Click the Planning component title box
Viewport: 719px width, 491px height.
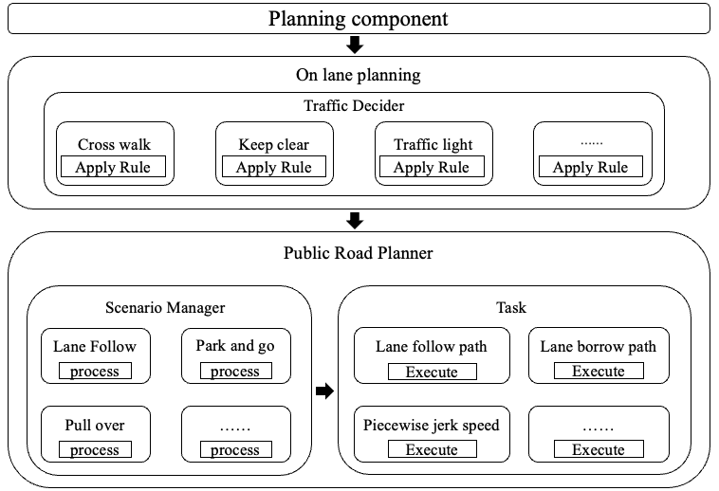359,18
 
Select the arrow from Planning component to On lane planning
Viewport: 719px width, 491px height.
356,45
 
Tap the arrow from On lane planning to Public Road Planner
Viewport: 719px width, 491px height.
356,220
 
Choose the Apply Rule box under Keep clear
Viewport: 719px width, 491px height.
274,168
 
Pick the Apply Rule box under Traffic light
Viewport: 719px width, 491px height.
433,168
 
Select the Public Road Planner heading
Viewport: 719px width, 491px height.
359,253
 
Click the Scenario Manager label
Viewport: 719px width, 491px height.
165,307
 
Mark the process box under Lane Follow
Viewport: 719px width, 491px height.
95,371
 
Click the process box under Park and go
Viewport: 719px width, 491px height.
235,371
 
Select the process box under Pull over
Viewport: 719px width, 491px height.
95,449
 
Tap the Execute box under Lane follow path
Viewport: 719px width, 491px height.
432,371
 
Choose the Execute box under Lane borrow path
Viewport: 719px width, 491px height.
599,371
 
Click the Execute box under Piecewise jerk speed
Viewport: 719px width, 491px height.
432,449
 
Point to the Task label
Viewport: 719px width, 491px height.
510,307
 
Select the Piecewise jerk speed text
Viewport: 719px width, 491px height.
432,425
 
